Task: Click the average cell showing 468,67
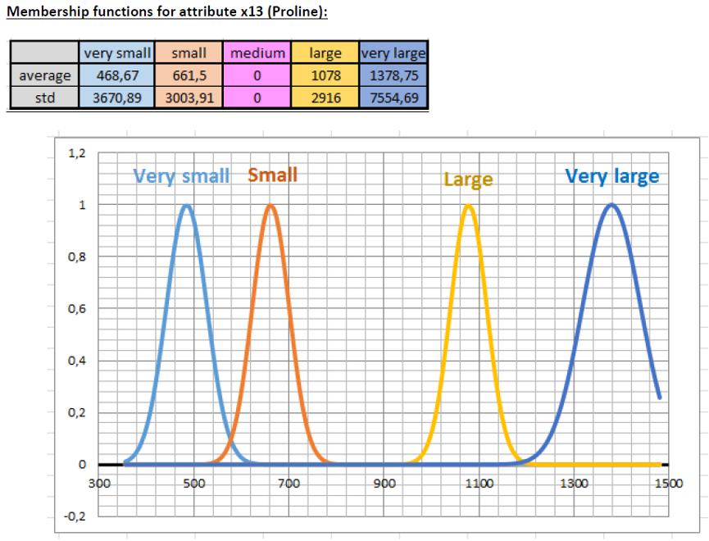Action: click(x=116, y=72)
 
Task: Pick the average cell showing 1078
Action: click(x=325, y=72)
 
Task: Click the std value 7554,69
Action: click(x=393, y=90)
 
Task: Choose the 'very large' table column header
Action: click(x=393, y=54)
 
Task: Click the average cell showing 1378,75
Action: click(x=393, y=72)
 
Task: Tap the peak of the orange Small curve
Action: click(x=270, y=206)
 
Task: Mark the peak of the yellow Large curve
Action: click(x=469, y=206)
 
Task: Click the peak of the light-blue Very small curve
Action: click(x=187, y=206)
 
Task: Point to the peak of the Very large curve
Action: click(x=611, y=205)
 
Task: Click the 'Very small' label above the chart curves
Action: click(x=183, y=176)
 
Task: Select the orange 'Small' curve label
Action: click(x=272, y=175)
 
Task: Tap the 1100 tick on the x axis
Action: click(x=479, y=482)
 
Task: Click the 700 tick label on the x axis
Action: click(x=289, y=482)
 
